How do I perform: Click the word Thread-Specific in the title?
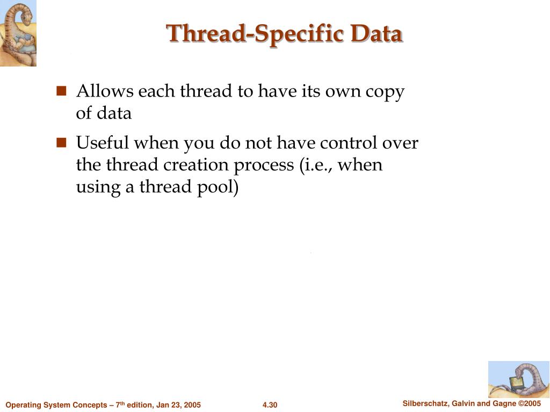tap(255, 33)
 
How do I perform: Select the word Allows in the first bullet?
tap(105, 91)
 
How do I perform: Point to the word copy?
tap(385, 92)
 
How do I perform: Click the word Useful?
tap(103, 143)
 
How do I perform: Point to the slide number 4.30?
tap(270, 405)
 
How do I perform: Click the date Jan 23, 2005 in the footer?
tap(179, 405)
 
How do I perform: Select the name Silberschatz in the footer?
tap(426, 403)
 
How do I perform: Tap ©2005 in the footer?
tap(529, 403)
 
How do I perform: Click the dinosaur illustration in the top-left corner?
tap(18, 33)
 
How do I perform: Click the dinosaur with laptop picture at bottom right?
tap(518, 379)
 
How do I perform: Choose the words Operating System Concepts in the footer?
tap(56, 405)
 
